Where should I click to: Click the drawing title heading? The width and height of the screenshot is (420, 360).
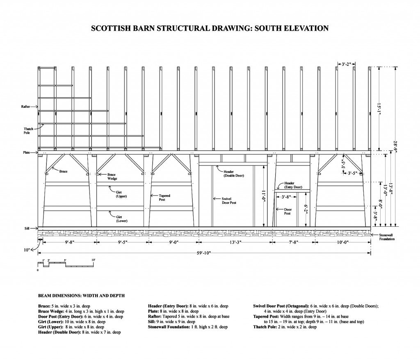coord(210,28)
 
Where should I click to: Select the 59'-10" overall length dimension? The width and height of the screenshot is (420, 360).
coord(204,253)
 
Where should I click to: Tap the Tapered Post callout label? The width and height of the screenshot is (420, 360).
coord(164,198)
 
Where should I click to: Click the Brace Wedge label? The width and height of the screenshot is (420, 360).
coord(112,176)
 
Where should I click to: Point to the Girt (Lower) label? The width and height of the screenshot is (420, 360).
coord(121,219)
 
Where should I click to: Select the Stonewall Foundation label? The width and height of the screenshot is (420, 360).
coord(386,237)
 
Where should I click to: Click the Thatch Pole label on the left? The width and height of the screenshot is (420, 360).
coord(28,131)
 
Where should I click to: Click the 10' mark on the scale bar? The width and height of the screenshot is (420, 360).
coord(93,260)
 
